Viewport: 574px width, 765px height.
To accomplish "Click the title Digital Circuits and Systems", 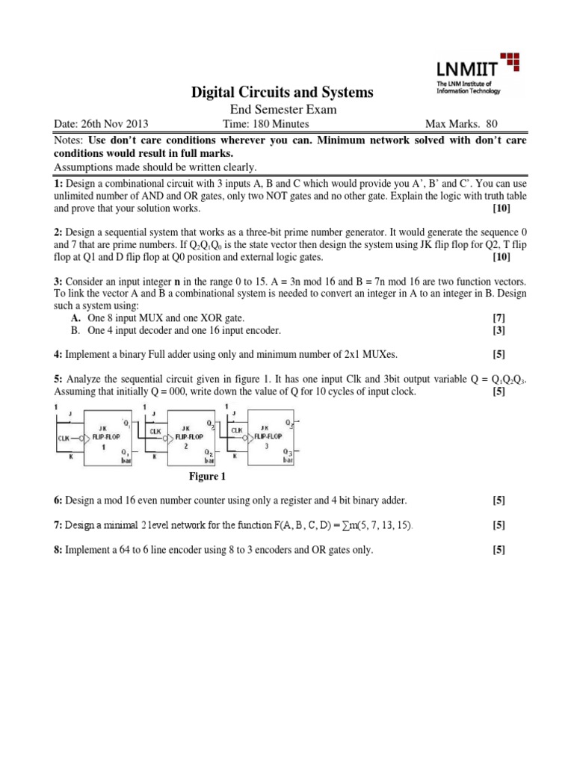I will point(283,93).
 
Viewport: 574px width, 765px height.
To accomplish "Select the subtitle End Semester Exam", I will point(283,110).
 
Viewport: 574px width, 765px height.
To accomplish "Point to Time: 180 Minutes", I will point(260,124).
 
